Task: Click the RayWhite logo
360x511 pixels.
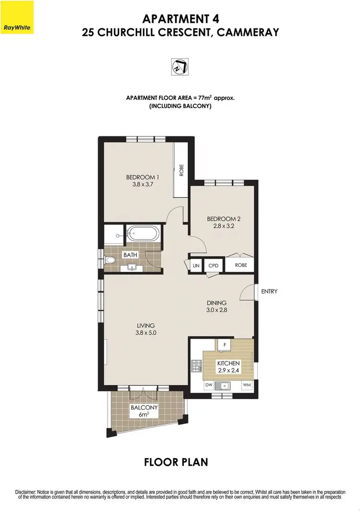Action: [17, 17]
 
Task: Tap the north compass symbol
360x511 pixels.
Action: [180, 66]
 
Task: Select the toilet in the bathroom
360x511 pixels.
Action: [109, 261]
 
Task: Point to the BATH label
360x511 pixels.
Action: [130, 255]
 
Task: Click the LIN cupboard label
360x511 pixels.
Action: [196, 265]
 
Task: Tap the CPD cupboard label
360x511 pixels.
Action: [213, 265]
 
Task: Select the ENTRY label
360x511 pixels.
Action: [269, 292]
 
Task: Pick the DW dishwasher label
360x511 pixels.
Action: [208, 385]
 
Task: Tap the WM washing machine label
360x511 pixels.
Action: [246, 385]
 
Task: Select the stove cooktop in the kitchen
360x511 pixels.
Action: [196, 366]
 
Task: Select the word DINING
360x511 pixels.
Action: [216, 303]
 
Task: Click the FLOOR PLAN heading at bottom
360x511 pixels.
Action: [176, 462]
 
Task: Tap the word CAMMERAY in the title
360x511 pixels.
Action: [251, 33]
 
